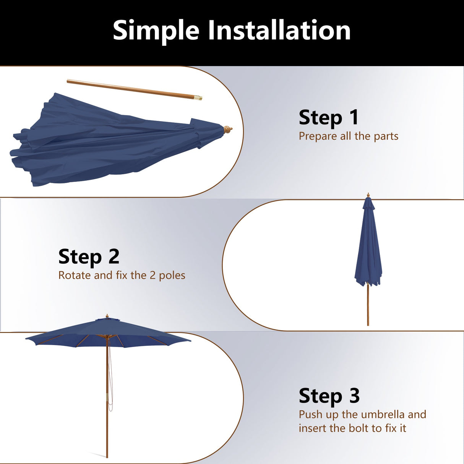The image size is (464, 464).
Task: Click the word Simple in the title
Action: click(156, 31)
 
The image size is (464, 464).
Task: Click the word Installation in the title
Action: click(279, 31)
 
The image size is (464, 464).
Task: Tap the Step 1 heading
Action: click(329, 117)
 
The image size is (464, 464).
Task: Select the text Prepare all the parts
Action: click(348, 136)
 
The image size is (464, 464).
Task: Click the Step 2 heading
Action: click(89, 256)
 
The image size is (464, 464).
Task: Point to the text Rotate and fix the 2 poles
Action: click(122, 275)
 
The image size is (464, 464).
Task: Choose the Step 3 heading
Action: click(329, 396)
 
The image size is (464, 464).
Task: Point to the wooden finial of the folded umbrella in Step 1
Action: click(228, 129)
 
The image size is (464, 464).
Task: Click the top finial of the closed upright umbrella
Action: click(368, 195)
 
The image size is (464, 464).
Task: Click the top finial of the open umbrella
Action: click(107, 316)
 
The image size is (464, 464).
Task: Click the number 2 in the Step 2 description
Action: click(152, 276)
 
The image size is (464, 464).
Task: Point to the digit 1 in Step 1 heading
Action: click(354, 117)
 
